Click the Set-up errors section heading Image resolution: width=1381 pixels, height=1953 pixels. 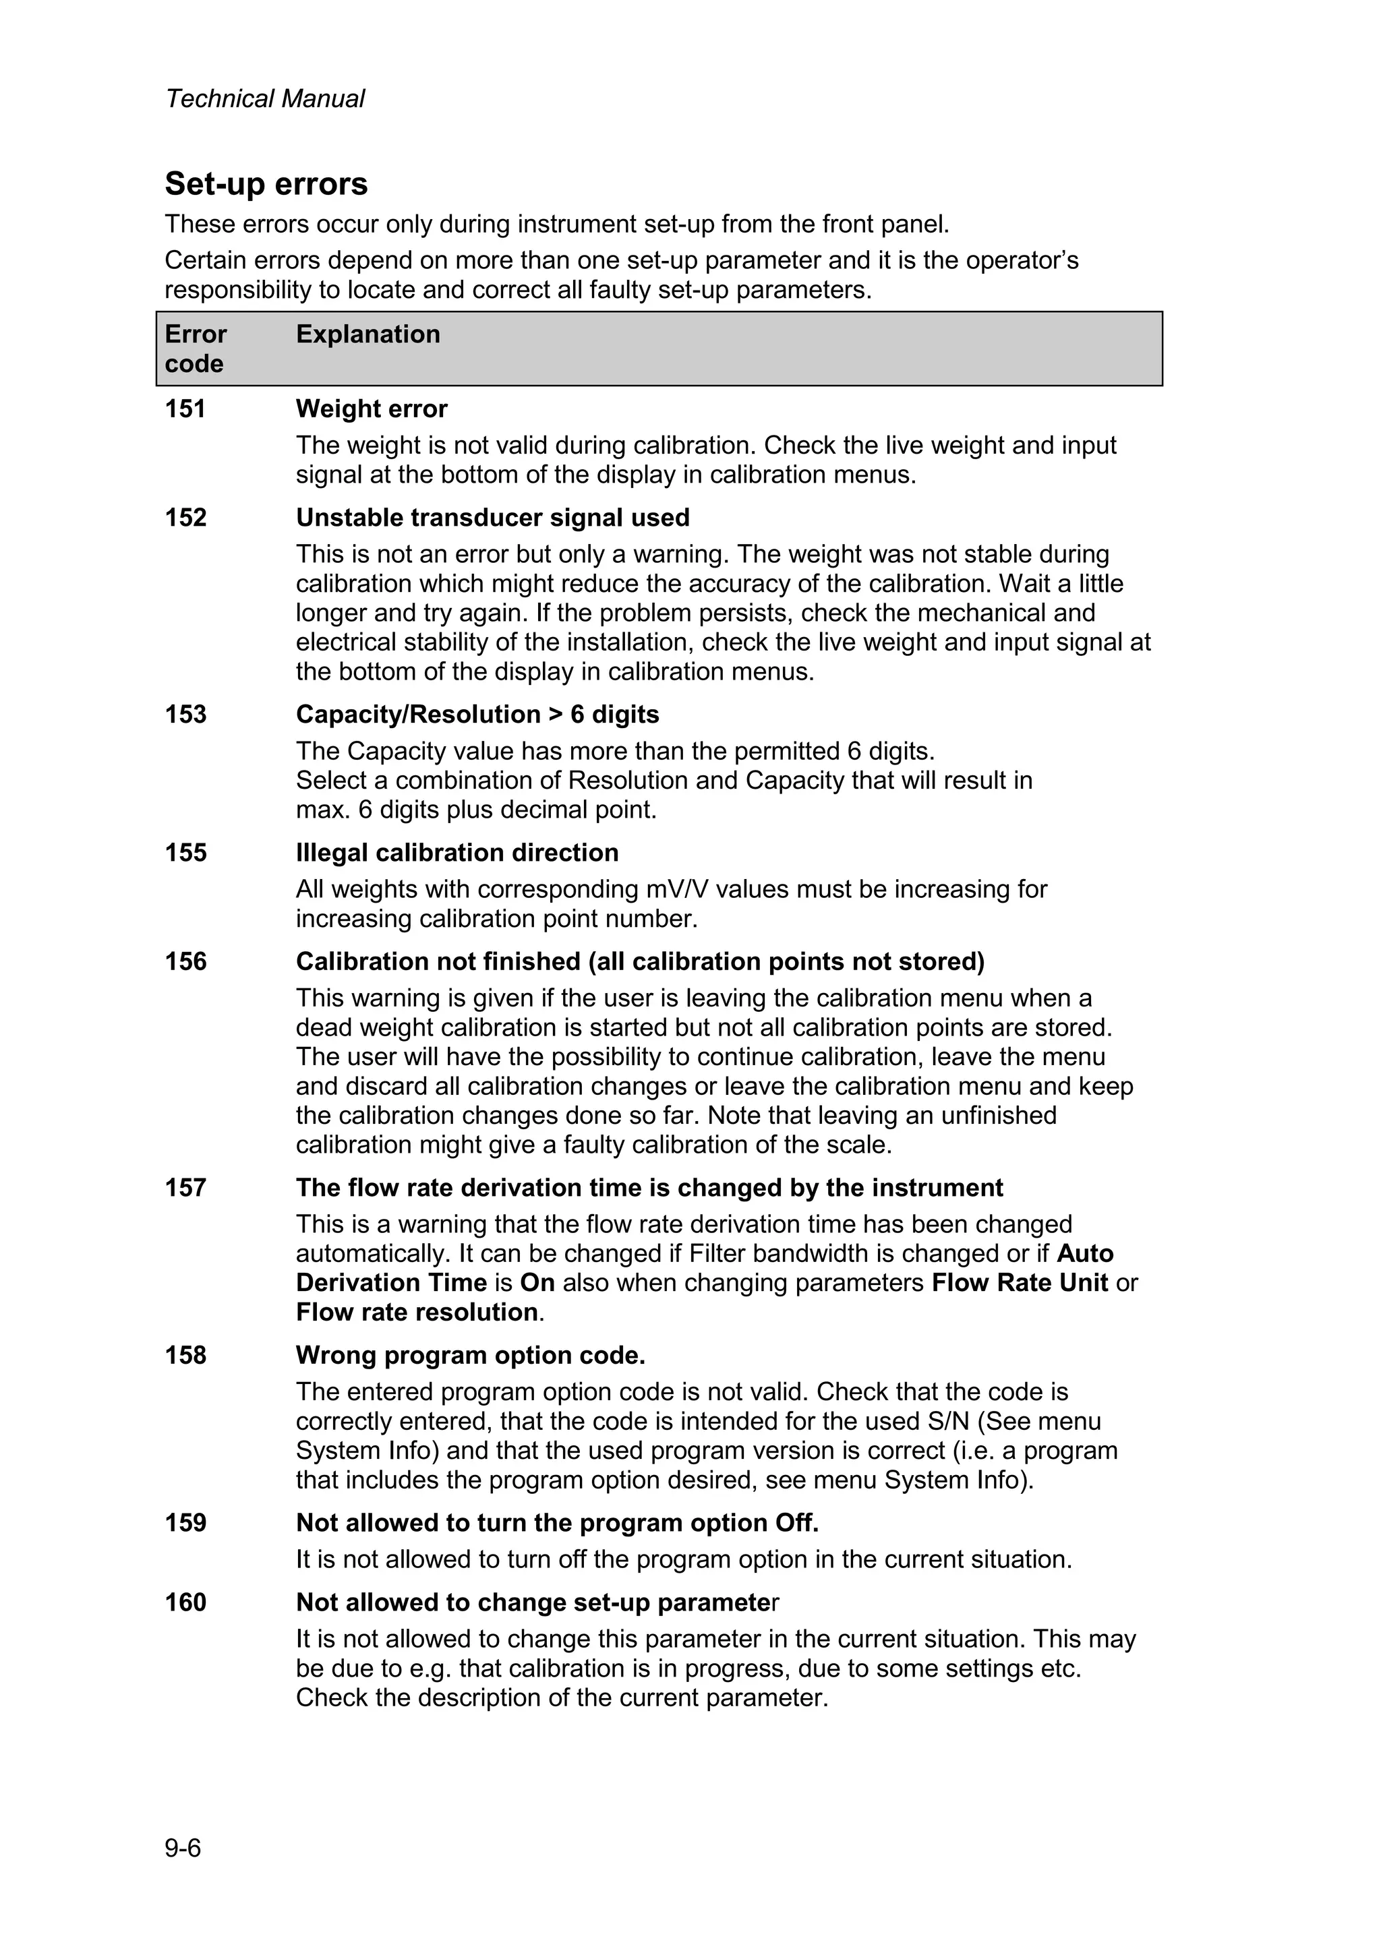pos(266,184)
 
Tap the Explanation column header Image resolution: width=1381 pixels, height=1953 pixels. pos(368,334)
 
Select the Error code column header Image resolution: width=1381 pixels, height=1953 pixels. pos(195,349)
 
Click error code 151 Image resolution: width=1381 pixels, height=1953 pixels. pos(185,409)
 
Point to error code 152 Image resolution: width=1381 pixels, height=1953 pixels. pos(185,518)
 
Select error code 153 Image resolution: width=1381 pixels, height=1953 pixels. pos(185,715)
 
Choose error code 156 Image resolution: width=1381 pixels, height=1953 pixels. pos(185,961)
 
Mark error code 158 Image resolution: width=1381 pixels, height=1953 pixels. pos(185,1355)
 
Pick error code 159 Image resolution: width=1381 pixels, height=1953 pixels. pos(185,1523)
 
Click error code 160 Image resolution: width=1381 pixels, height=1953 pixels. pos(185,1602)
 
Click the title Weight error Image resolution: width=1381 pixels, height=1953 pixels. pos(371,409)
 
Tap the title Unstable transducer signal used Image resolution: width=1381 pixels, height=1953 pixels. pos(493,518)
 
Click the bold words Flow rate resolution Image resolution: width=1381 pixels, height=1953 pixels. pos(417,1313)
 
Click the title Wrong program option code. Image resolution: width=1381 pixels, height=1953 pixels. pos(471,1355)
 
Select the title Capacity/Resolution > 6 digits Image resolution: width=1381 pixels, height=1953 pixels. pos(477,715)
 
